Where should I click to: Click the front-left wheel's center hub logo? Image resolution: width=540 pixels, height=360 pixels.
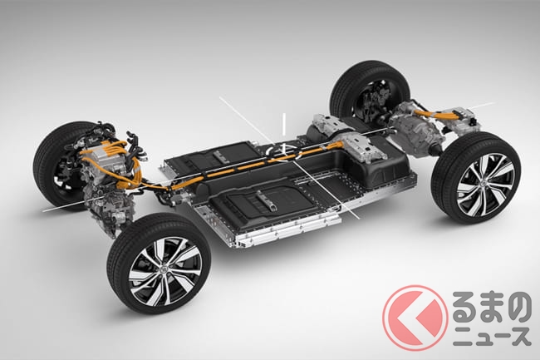[164, 269]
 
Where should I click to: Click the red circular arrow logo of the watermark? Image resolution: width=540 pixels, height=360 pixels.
[415, 318]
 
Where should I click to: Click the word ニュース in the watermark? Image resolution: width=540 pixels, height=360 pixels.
[492, 336]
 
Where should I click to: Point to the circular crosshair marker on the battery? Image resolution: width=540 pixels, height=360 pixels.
[283, 151]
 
